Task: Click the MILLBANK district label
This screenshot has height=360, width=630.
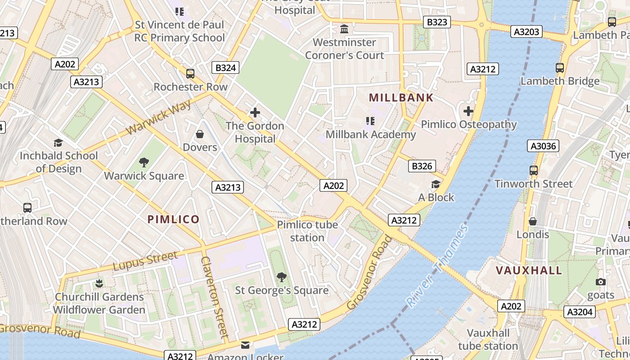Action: [401, 98]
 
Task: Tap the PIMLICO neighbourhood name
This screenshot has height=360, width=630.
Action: [174, 220]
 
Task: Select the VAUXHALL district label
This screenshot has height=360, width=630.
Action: [529, 270]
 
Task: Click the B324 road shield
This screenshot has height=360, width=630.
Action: [225, 68]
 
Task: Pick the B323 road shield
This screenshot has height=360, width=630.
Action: [437, 22]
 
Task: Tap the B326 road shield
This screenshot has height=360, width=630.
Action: [422, 166]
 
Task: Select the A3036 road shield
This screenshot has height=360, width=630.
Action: [543, 146]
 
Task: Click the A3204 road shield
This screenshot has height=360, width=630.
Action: [580, 312]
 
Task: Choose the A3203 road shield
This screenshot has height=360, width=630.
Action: [526, 31]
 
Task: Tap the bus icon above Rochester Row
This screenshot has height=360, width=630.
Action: [190, 74]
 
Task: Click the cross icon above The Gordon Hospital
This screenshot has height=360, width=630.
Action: [255, 112]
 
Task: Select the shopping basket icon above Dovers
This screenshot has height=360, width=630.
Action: [200, 134]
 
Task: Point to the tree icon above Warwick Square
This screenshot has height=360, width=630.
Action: [144, 162]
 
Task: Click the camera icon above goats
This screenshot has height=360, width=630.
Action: [600, 282]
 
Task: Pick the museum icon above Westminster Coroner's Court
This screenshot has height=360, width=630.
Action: [344, 29]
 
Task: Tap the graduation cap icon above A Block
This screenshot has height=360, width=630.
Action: [436, 184]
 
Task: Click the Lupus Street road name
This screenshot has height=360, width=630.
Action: [145, 261]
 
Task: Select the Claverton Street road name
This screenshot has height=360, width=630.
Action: [215, 297]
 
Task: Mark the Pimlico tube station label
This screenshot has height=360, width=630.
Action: [307, 231]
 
